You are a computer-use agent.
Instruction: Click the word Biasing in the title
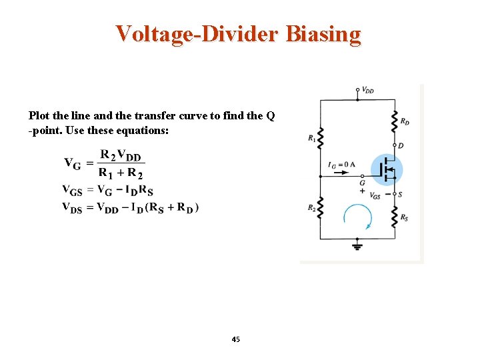323,33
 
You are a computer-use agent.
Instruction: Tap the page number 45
235,339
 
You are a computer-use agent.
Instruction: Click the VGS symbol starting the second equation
72,190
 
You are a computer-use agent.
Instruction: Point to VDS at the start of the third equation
72,207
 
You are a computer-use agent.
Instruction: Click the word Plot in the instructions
39,115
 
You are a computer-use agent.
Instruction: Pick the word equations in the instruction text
147,131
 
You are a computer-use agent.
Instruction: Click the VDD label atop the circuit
367,90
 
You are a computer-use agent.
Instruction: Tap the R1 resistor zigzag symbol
320,139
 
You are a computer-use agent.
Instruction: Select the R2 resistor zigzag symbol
320,209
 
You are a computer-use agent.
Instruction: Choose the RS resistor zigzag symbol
394,215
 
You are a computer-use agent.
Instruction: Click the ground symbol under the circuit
357,246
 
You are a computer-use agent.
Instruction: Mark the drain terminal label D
401,145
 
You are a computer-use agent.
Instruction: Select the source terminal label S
401,194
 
